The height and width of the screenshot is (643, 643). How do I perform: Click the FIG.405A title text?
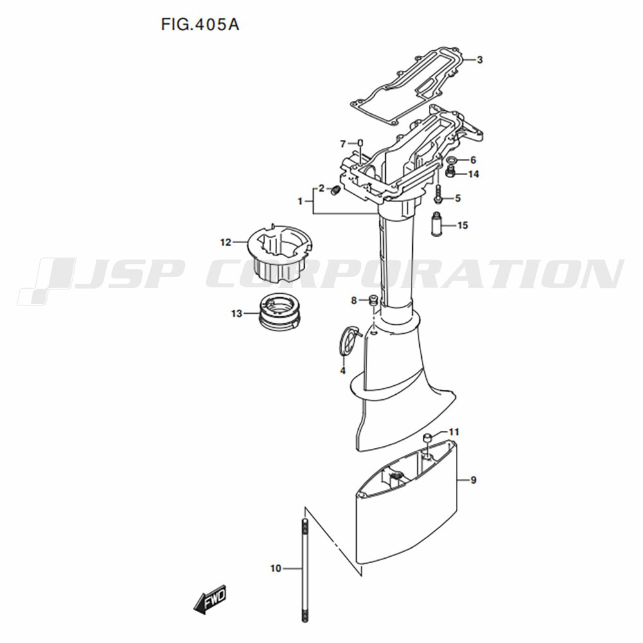click(200, 25)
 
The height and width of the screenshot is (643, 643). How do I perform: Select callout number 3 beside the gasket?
click(480, 60)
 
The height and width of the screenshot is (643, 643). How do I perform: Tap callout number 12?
click(226, 242)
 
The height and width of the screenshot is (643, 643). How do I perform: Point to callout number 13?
click(237, 314)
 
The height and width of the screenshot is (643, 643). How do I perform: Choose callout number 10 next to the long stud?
click(276, 568)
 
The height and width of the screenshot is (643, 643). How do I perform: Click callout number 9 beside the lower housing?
click(473, 480)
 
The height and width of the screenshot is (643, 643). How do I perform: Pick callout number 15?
click(462, 225)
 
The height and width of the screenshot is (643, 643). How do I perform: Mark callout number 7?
click(343, 144)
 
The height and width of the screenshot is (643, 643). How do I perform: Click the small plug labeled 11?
click(426, 437)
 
